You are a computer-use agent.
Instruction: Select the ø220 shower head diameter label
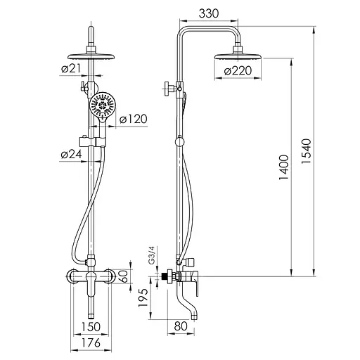pyautogui.click(x=239, y=71)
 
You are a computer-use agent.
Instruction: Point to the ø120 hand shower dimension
pyautogui.click(x=132, y=120)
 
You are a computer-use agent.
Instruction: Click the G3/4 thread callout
pyautogui.click(x=151, y=255)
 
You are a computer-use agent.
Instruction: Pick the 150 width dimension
pyautogui.click(x=90, y=327)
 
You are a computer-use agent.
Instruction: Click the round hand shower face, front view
pyautogui.click(x=103, y=108)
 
